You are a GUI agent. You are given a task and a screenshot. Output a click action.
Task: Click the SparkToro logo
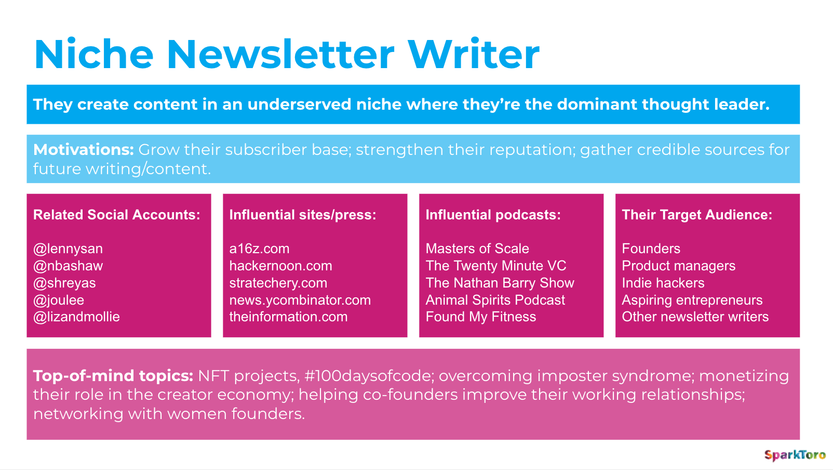tap(795, 455)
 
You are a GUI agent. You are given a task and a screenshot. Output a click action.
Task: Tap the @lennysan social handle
tap(68, 249)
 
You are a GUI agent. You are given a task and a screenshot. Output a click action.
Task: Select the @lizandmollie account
tap(77, 317)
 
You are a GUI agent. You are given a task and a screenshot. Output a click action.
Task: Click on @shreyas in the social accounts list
tap(64, 283)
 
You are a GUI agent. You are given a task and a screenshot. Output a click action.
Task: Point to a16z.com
tap(259, 249)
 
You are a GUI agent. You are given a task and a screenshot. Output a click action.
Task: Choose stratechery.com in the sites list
tap(278, 283)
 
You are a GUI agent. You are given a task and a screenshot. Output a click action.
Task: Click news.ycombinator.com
tap(300, 300)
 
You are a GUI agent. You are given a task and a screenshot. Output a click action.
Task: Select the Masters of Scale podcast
tap(477, 249)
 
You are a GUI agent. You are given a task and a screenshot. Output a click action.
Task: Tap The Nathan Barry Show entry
tap(500, 283)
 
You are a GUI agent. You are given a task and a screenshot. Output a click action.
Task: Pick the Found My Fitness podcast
tap(481, 317)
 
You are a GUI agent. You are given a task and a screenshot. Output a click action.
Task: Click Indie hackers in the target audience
tap(663, 283)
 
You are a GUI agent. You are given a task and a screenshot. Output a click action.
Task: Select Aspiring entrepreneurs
tap(692, 300)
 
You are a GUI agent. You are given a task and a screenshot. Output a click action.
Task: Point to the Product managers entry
tap(679, 266)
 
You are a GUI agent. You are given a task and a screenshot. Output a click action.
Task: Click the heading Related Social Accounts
tap(117, 215)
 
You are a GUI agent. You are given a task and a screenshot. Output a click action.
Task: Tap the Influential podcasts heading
tap(493, 215)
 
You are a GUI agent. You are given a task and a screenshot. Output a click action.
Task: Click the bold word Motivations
tap(83, 150)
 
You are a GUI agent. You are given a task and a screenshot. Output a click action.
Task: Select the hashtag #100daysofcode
tap(369, 376)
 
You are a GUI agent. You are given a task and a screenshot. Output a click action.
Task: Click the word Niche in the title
tap(93, 55)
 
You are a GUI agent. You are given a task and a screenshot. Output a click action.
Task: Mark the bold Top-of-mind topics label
tap(113, 376)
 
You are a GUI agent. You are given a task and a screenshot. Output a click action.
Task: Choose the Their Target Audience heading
tap(697, 215)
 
